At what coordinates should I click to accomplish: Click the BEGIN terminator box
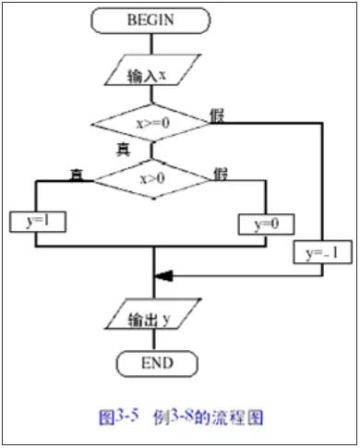pos(150,18)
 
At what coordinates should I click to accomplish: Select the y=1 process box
pos(34,221)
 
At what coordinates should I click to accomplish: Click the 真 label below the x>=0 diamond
pos(123,150)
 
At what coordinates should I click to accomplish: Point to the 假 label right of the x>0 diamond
pos(222,173)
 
